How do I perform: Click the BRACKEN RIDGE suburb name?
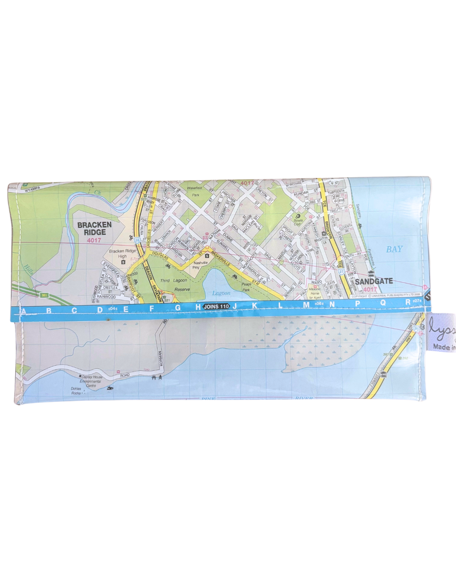95,228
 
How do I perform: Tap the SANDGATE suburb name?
374,281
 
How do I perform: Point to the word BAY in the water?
394,249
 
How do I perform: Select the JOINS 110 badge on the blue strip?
216,307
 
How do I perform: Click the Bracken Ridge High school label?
122,253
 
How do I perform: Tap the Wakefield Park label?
195,191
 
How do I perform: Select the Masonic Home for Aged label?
315,293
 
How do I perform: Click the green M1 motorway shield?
44,295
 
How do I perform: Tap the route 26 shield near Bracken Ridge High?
137,240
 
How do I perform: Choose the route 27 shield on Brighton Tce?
341,272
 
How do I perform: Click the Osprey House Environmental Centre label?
91,381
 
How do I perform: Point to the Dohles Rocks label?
76,391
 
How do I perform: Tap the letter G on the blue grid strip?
177,308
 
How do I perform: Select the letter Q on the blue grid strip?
383,303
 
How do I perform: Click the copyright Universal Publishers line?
385,296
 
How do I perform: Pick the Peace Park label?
246,287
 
